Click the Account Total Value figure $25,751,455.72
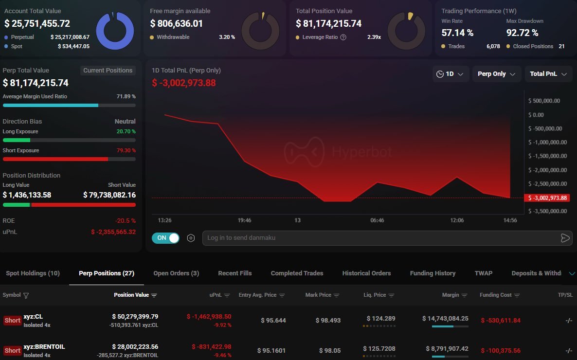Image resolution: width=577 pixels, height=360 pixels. coord(37,23)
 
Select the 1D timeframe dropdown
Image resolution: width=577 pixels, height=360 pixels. coord(450,74)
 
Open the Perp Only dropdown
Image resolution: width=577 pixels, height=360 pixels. coord(497,74)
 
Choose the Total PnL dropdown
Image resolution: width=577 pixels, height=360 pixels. coord(548,74)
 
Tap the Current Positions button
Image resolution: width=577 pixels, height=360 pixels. coord(108,71)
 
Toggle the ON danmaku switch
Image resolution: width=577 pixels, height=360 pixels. coord(165,238)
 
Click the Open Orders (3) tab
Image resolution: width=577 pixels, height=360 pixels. coord(176,273)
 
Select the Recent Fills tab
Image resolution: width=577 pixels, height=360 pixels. coord(234,273)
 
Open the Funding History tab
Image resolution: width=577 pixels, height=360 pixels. coord(433,273)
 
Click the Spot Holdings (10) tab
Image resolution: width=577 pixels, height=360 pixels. coord(33,273)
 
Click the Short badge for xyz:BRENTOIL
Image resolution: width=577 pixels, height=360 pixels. coord(12,350)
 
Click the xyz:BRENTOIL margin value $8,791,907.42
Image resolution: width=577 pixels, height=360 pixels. coord(447,348)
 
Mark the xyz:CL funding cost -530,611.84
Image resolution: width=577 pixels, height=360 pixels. coord(501,321)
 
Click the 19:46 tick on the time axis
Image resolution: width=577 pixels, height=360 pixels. coord(244,220)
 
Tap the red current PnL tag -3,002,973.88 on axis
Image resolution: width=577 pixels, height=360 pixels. coord(547,198)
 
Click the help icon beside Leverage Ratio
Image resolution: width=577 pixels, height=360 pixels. coord(343,37)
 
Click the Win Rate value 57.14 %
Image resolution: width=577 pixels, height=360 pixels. coord(457,33)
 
